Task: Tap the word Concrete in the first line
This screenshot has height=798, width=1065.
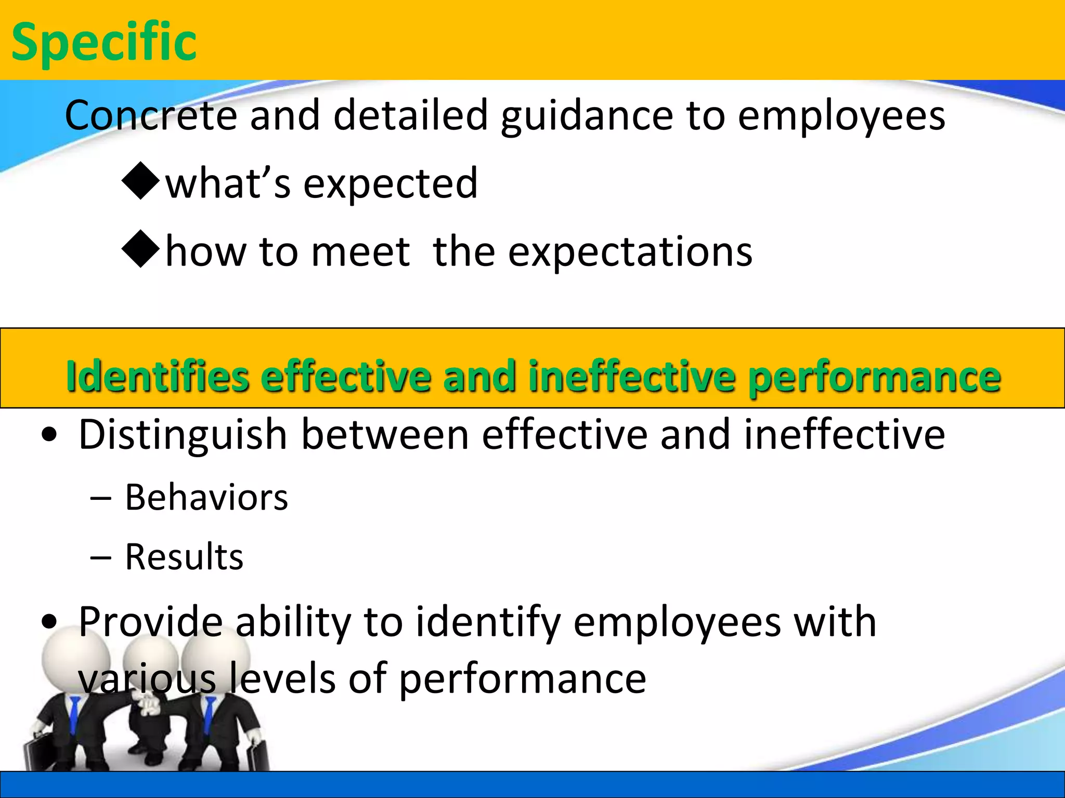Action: coord(151,115)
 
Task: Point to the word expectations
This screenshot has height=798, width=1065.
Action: coord(629,252)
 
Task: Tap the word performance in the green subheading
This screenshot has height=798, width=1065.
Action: coord(874,377)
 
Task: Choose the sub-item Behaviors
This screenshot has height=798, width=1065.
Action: coord(206,498)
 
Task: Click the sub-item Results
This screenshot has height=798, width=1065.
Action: coord(184,557)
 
